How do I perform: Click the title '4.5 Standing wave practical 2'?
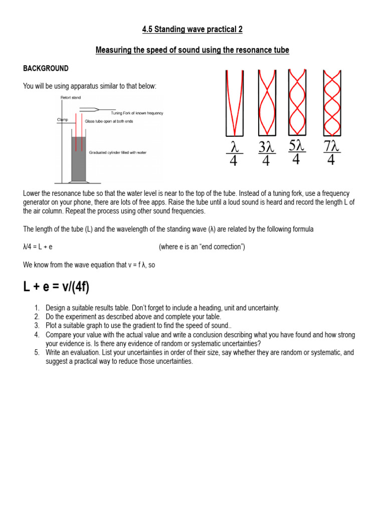192,30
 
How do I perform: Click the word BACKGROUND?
46,68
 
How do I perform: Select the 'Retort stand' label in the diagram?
71,97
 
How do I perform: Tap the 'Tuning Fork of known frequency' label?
137,113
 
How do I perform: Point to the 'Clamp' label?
63,120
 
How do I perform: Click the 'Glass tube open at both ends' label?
109,122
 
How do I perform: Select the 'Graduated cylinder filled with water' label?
117,152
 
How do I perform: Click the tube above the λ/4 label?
234,103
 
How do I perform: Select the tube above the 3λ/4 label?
266,103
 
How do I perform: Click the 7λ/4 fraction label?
332,154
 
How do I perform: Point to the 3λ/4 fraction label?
266,154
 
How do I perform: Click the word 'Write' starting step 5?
54,353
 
